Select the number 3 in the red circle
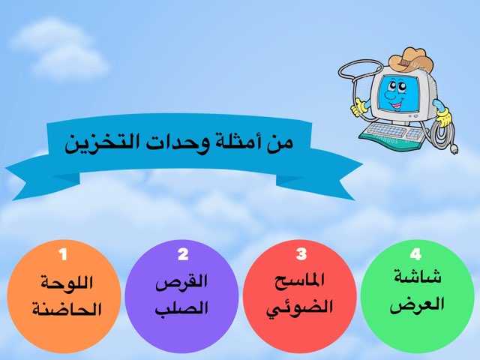click(301, 253)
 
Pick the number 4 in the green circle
click(417, 253)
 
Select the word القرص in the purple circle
click(181, 283)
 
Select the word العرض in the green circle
click(417, 304)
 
